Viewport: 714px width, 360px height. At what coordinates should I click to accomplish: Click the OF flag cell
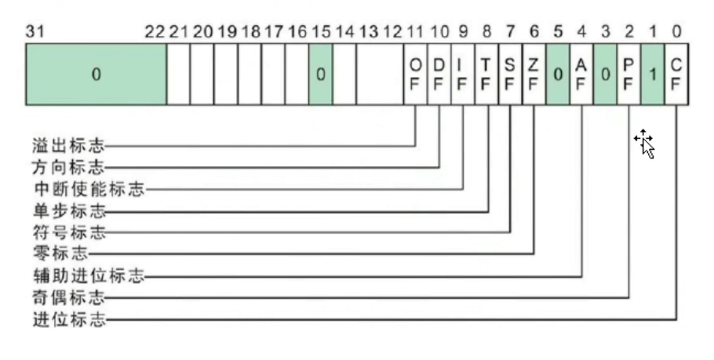pos(415,75)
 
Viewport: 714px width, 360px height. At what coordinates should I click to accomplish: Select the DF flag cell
pos(439,75)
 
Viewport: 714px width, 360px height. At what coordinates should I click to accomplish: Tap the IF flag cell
pos(462,75)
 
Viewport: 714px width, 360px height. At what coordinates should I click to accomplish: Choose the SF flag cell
pos(509,75)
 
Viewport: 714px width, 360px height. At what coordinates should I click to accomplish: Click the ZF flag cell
pos(534,75)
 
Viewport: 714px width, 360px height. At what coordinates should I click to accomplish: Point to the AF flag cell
pos(581,75)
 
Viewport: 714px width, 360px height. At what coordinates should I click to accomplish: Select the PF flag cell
pos(629,75)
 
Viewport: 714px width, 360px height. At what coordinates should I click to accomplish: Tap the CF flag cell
pos(677,75)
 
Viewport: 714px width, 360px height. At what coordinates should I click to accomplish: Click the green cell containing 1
pos(653,75)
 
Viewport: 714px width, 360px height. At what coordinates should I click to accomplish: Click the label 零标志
pos(58,254)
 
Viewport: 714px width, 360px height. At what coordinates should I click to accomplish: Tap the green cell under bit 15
pos(320,75)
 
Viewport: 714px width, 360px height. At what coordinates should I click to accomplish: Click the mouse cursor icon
pos(645,143)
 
